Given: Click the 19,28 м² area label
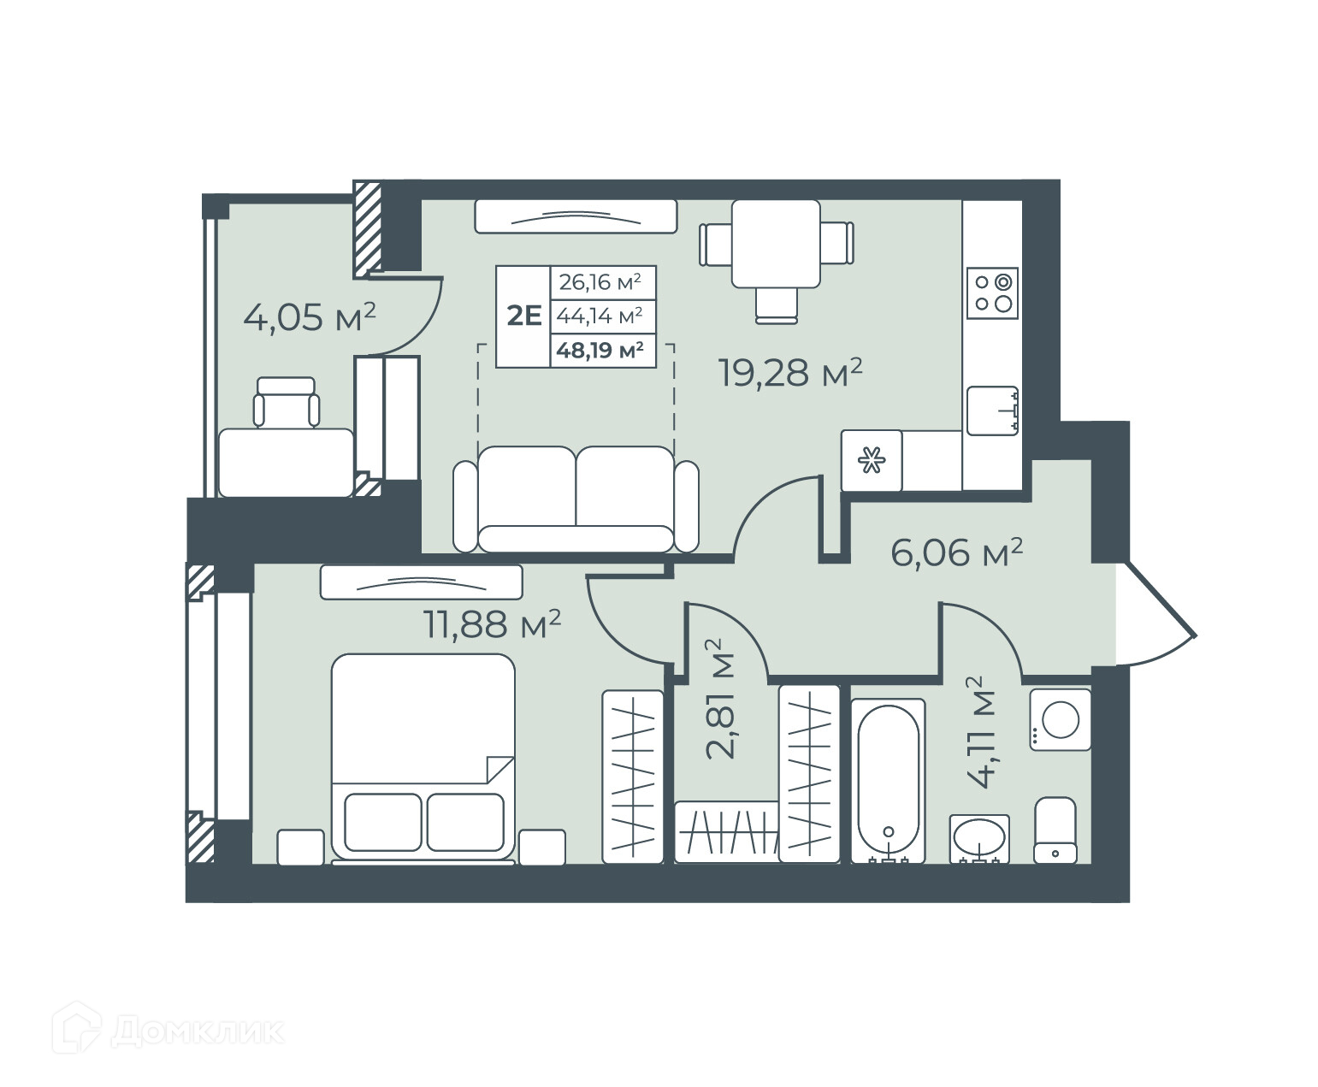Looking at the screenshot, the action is tap(789, 372).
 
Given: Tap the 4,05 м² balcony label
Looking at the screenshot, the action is tap(310, 317).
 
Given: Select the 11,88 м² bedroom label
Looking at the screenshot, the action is tap(492, 623).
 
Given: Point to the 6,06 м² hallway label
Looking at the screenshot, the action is tap(956, 552).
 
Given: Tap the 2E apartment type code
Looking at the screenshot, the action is tap(524, 316).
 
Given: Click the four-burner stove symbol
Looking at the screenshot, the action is tap(992, 292).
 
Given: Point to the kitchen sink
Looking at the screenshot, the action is tap(992, 411).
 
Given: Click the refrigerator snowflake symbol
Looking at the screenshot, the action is tap(871, 460).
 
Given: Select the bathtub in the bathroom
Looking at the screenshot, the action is tap(888, 780).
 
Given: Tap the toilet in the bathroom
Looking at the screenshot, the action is tap(1055, 830).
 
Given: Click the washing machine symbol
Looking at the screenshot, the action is tap(1061, 719).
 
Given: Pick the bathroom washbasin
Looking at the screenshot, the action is tap(979, 838).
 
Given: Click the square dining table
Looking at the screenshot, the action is tap(776, 244).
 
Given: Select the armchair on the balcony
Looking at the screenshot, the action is tap(286, 403).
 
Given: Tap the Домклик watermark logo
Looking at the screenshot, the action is tap(168, 1033).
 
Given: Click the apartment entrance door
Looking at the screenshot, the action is tap(1155, 612).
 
